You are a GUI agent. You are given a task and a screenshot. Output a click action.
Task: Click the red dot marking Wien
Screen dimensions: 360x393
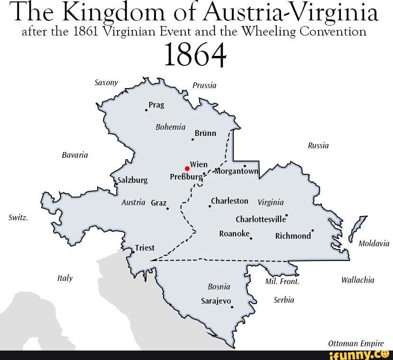click(187, 168)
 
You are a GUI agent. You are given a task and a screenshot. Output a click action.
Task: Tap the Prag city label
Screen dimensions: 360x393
click(156, 105)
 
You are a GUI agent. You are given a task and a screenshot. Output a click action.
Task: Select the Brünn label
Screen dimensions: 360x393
click(205, 133)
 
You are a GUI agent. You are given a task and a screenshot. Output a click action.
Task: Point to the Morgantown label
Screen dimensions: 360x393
click(236, 171)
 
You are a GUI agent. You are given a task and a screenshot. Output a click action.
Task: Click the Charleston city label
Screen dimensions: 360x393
click(229, 201)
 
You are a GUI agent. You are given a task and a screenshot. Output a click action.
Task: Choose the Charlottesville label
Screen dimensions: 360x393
click(261, 219)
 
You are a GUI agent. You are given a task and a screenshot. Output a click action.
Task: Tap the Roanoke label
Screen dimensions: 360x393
click(234, 234)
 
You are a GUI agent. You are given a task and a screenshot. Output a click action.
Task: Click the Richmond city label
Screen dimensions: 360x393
click(293, 235)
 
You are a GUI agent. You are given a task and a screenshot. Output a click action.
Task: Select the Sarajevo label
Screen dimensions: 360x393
click(216, 301)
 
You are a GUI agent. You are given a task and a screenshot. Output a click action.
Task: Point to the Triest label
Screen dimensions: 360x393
click(145, 248)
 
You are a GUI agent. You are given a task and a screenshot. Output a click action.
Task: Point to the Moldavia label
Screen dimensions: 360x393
click(374, 243)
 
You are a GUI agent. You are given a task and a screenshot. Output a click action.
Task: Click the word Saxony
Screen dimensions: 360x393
click(106, 82)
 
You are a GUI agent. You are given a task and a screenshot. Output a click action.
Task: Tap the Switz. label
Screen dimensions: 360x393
click(18, 218)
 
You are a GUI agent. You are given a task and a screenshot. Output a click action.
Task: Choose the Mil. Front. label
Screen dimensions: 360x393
click(283, 281)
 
